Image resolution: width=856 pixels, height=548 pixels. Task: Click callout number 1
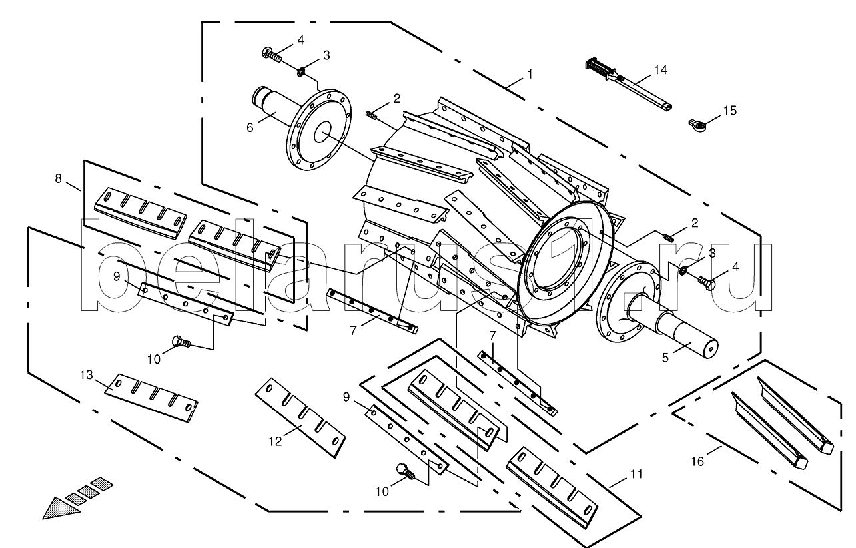point(530,75)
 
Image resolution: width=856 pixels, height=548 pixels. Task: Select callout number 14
point(659,69)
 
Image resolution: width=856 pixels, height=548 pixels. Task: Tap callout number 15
point(730,111)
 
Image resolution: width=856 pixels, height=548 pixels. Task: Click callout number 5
point(664,357)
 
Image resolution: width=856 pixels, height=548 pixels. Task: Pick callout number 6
point(250,127)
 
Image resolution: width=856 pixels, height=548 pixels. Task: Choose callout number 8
point(59,178)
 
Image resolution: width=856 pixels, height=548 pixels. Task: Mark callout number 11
point(636,474)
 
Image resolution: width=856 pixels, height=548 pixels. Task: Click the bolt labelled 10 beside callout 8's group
point(181,342)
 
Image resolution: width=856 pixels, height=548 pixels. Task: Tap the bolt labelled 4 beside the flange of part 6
point(272,53)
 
